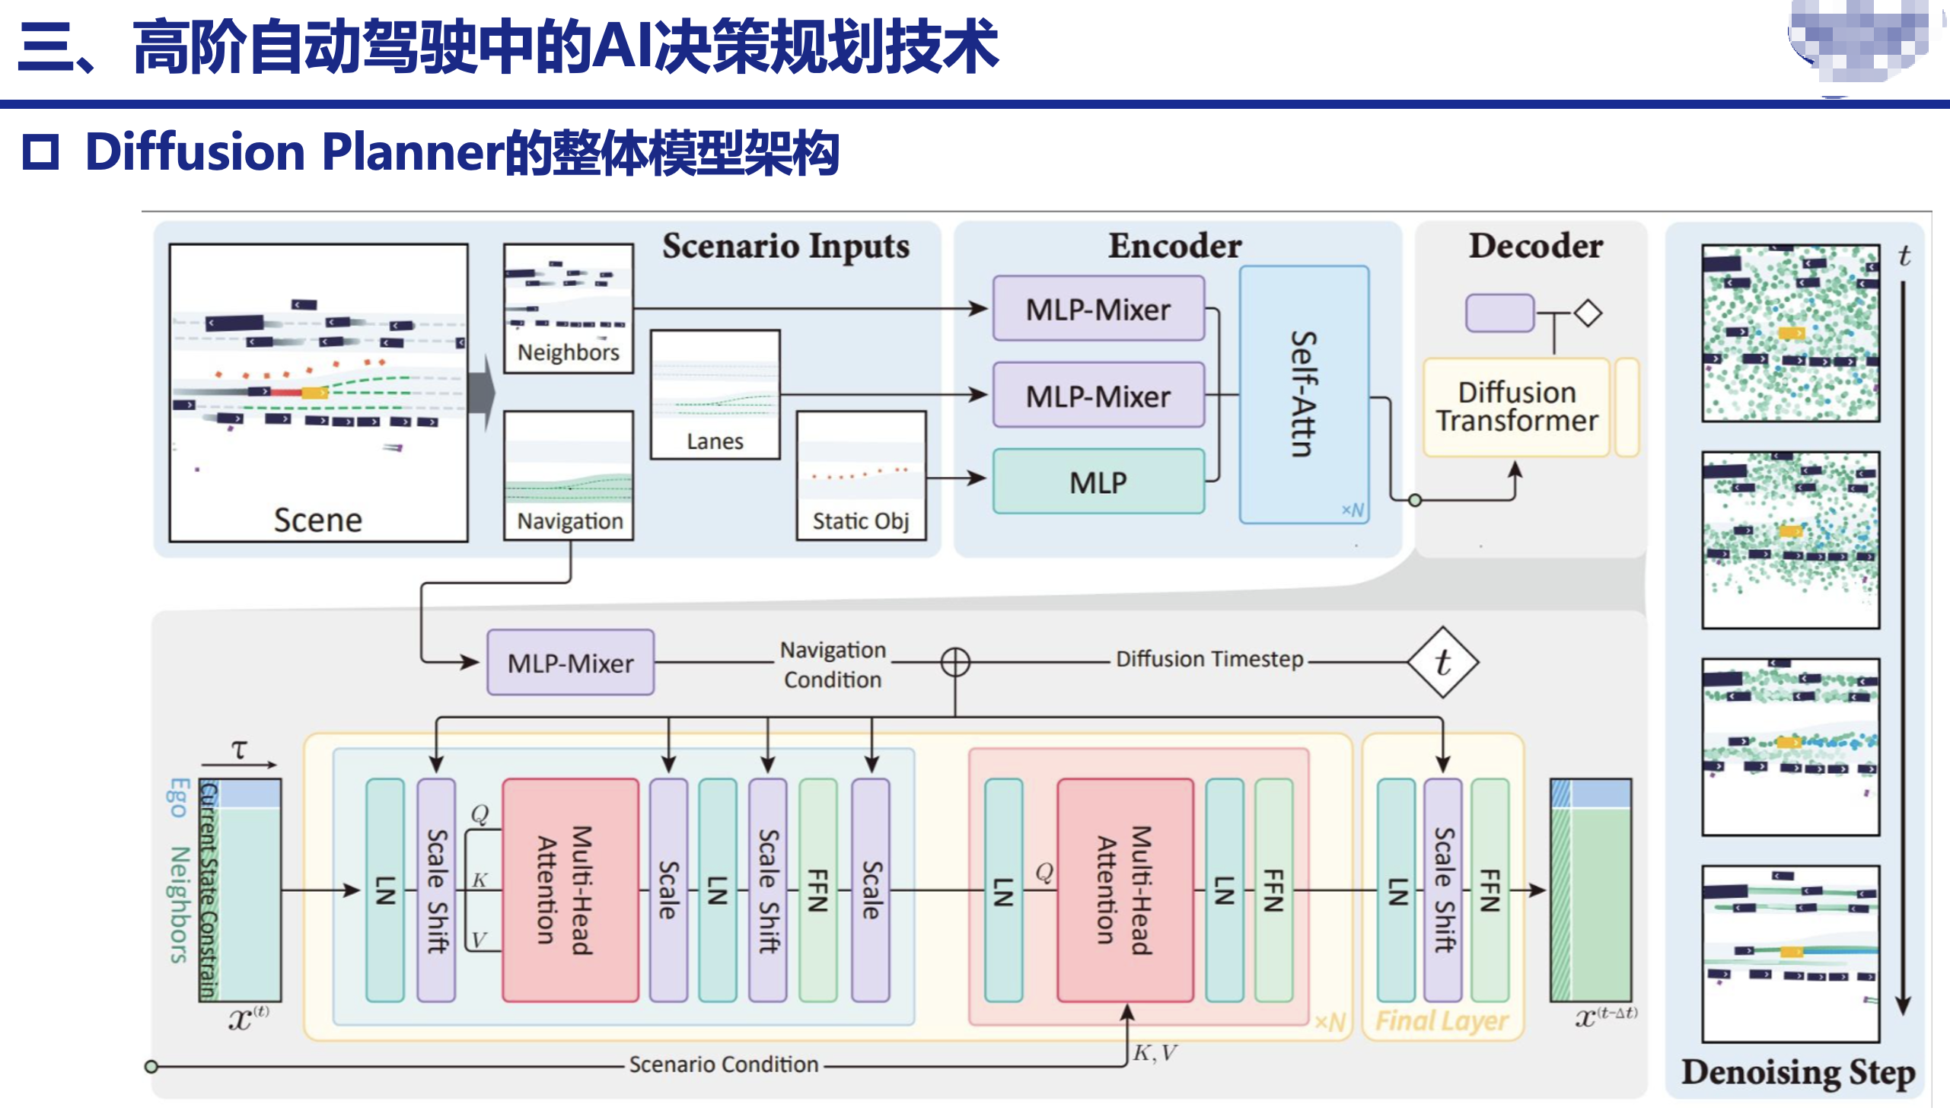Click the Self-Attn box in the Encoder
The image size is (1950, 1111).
(x=1304, y=393)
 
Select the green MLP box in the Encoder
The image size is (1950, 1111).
(x=1098, y=482)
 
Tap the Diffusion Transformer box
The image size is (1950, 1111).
(x=1516, y=406)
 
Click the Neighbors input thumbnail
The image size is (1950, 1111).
(x=569, y=308)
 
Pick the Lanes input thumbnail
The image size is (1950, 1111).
(x=715, y=394)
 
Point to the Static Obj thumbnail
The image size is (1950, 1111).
(x=861, y=476)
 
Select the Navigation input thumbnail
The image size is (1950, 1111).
(x=569, y=475)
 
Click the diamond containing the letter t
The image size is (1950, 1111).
(x=1442, y=661)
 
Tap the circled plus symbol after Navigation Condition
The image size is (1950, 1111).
(x=954, y=661)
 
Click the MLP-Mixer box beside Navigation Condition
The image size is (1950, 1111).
(x=570, y=662)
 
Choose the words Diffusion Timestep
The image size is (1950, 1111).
(x=1209, y=658)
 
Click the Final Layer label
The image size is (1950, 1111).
(x=1442, y=1020)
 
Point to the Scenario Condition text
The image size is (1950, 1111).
(x=723, y=1064)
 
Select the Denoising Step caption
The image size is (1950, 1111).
(x=1797, y=1072)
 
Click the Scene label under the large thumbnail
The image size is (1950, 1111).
(x=317, y=520)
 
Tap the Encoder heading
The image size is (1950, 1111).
(x=1174, y=246)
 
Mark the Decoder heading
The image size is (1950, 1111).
(x=1535, y=246)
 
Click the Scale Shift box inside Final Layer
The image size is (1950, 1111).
(x=1442, y=890)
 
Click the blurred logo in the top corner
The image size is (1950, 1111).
(x=1862, y=42)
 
